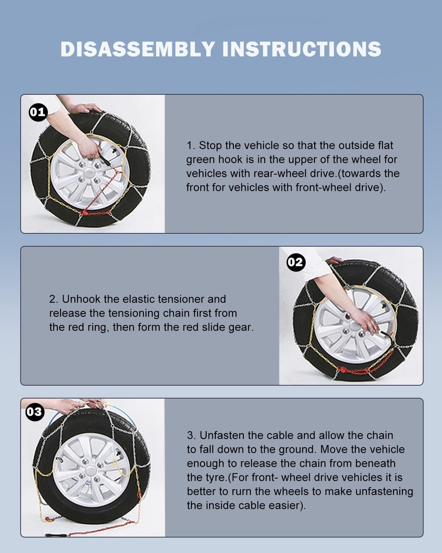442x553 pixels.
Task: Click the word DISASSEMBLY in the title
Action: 137,49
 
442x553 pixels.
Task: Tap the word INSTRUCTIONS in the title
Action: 302,49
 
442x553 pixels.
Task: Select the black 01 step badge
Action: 38,111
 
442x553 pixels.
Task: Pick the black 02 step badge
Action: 295,262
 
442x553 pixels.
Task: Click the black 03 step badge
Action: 34,411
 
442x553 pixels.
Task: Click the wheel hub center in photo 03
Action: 90,472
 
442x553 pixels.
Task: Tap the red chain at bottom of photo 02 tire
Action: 354,369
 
